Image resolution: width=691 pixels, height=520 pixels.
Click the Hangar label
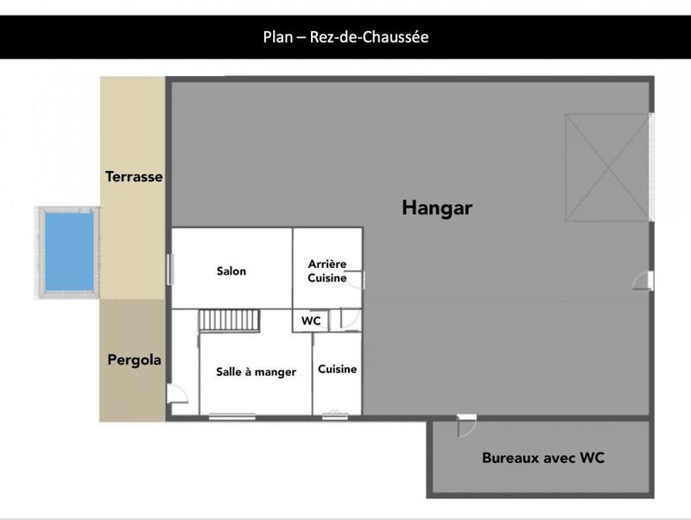[437, 207]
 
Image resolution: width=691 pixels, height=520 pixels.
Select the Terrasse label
[134, 176]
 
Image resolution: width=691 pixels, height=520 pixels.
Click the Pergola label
[134, 359]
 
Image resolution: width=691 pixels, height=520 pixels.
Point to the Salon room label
[231, 271]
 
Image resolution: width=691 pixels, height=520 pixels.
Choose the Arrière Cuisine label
[327, 270]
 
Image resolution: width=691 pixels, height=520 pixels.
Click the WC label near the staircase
[311, 320]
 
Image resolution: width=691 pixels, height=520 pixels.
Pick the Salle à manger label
[256, 371]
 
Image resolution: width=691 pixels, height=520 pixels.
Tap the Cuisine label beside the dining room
[337, 369]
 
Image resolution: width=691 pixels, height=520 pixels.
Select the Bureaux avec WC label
[542, 458]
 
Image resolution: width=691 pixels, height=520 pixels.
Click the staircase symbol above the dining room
[229, 320]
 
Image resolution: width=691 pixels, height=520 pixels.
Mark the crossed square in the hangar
[606, 168]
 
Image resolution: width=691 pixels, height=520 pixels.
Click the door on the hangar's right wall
[644, 280]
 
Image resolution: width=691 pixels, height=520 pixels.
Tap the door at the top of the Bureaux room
[466, 423]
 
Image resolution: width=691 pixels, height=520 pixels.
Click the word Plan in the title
[277, 37]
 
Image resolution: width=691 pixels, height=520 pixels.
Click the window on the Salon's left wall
[170, 269]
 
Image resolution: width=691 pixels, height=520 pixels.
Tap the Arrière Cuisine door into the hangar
[358, 278]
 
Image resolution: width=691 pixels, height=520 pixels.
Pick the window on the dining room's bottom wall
[231, 415]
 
